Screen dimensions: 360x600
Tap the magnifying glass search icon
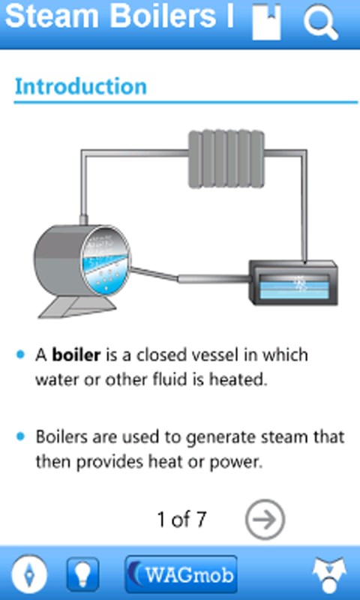pyautogui.click(x=320, y=22)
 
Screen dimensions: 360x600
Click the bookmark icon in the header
pyautogui.click(x=267, y=22)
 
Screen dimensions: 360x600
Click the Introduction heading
pyautogui.click(x=81, y=86)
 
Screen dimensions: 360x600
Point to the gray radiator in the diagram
pyautogui.click(x=226, y=159)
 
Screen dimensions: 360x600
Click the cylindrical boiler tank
pyautogui.click(x=82, y=261)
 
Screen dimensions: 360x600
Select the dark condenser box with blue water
pyautogui.click(x=293, y=283)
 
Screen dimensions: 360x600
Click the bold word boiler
pyautogui.click(x=76, y=355)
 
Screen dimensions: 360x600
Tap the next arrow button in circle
pyautogui.click(x=265, y=519)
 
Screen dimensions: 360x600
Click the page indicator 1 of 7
pyautogui.click(x=181, y=519)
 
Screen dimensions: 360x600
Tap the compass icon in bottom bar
pyautogui.click(x=29, y=574)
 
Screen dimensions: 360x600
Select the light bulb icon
pyautogui.click(x=82, y=574)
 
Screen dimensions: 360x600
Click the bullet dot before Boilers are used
pyautogui.click(x=21, y=436)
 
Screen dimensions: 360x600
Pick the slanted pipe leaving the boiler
pyautogui.click(x=154, y=274)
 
